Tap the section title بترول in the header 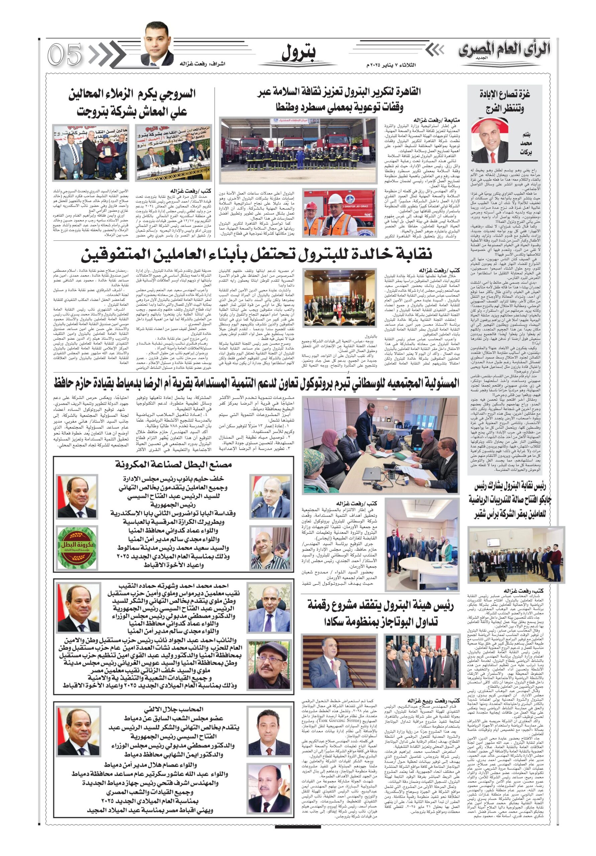tap(298, 53)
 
